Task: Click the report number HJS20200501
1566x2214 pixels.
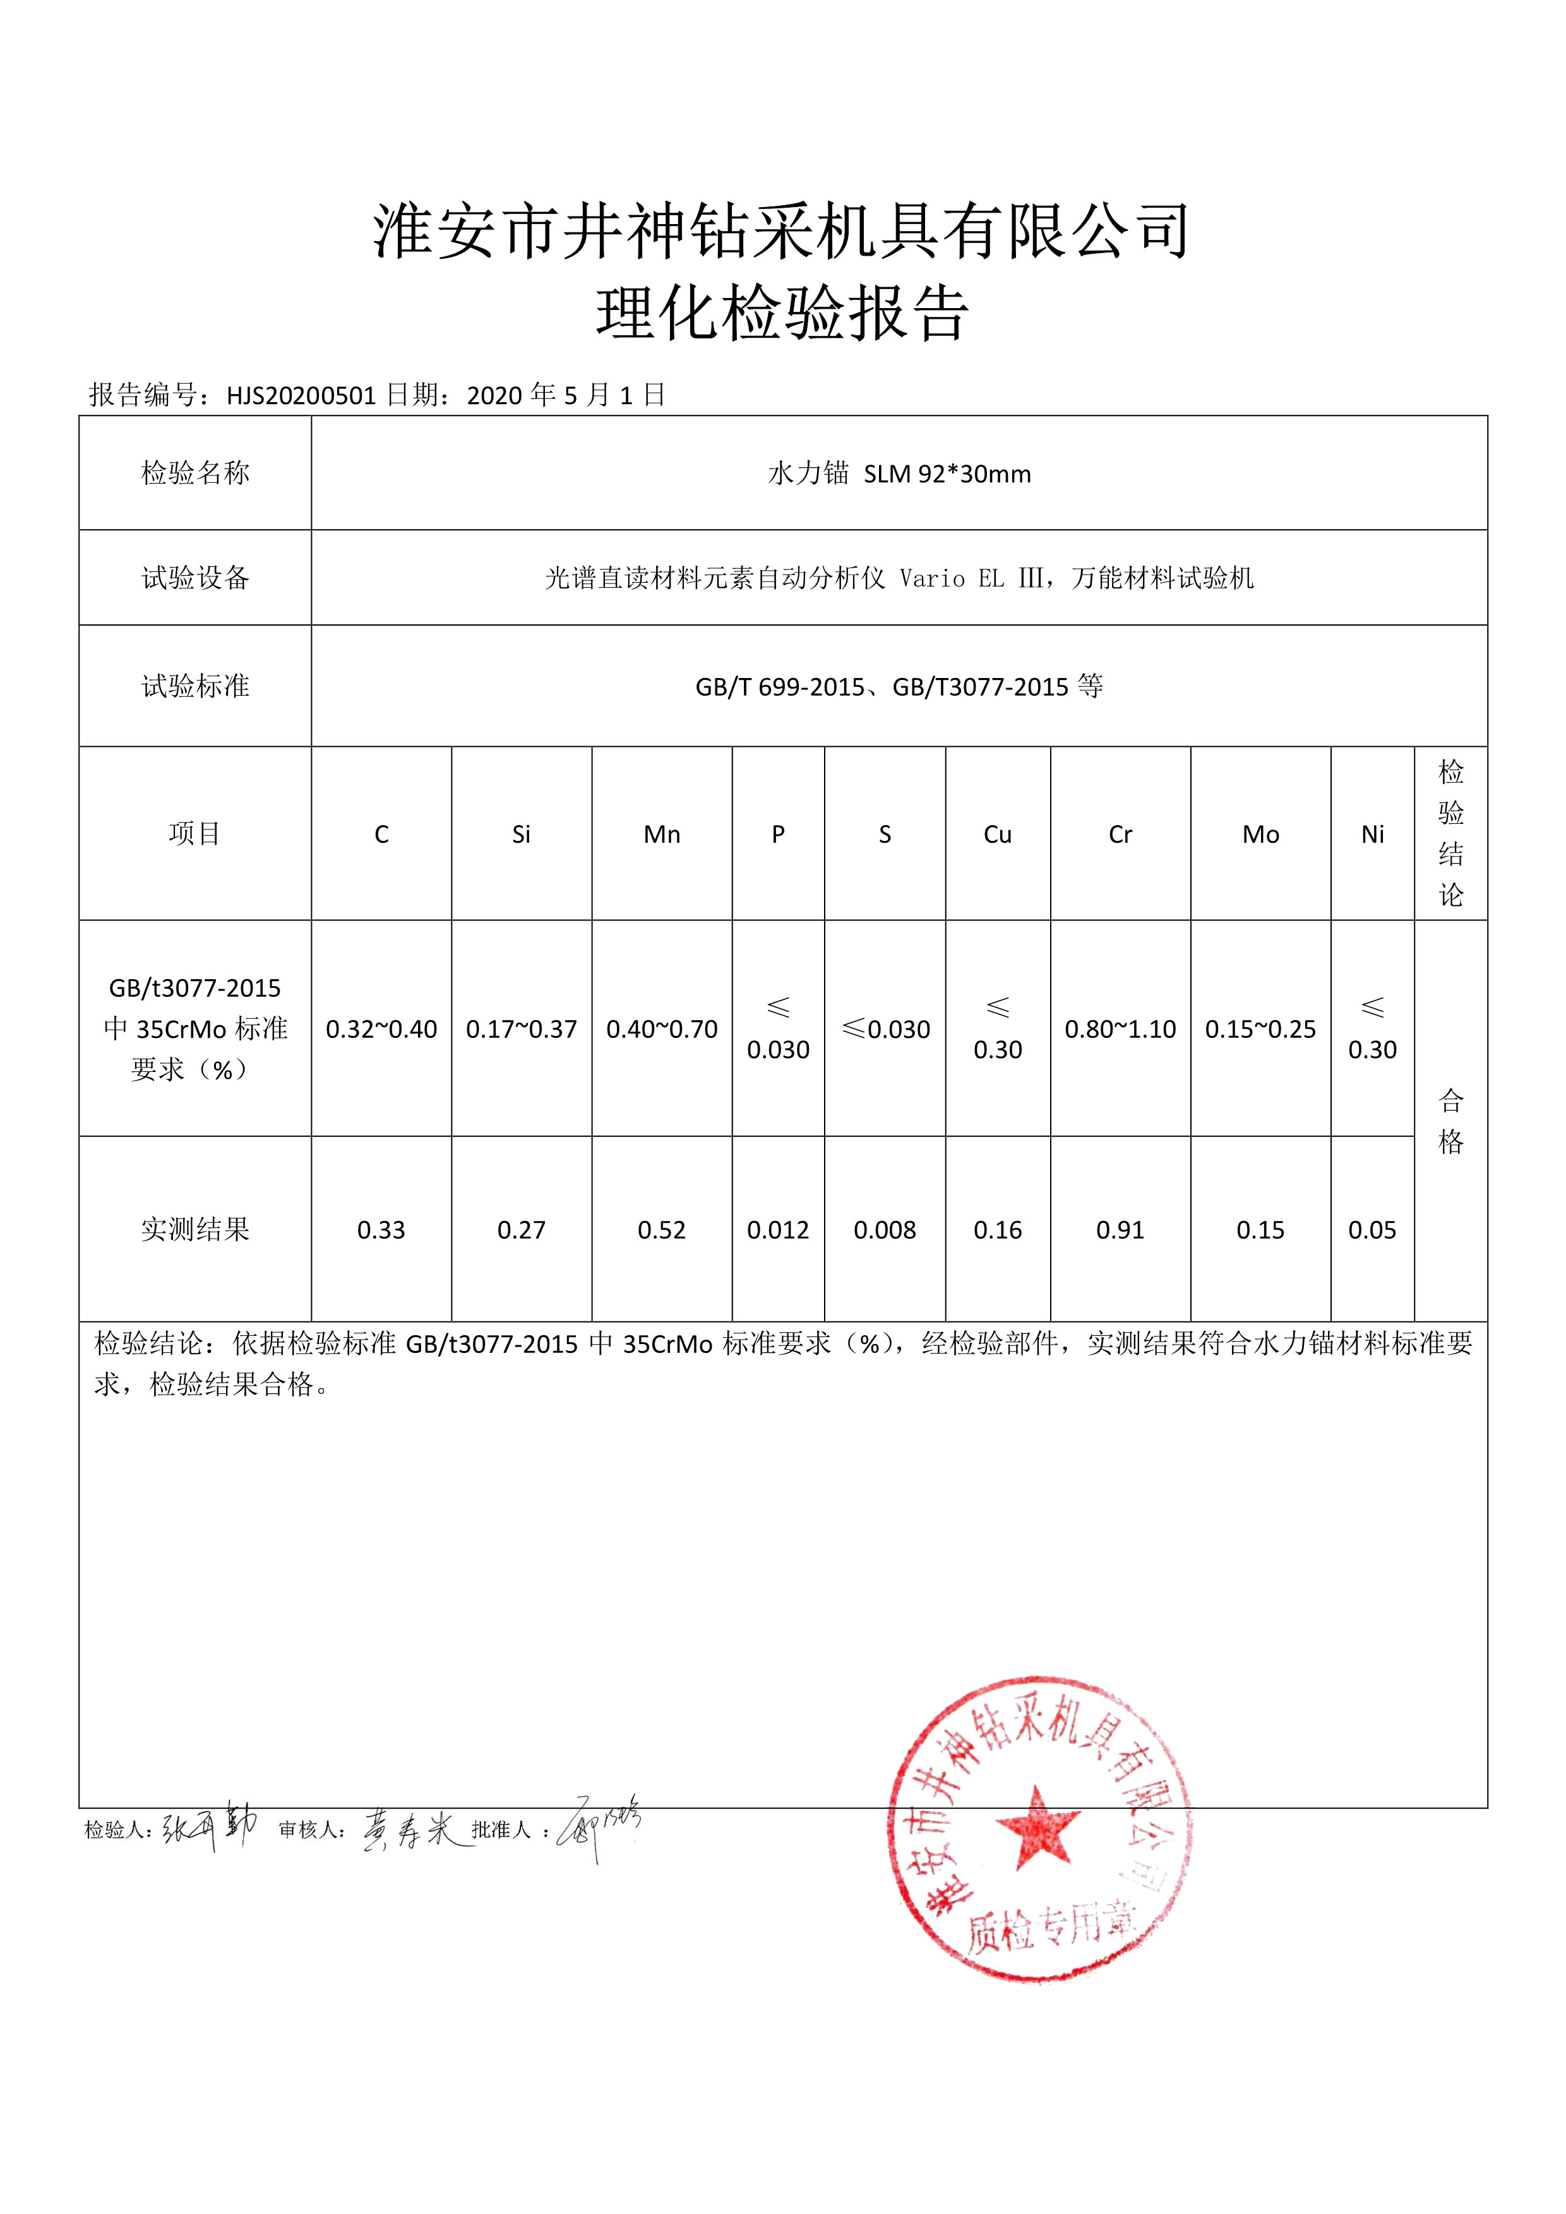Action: click(x=301, y=395)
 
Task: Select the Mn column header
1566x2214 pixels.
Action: click(x=662, y=834)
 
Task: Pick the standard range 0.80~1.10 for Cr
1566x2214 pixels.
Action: click(x=1120, y=1029)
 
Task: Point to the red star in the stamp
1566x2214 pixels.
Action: click(x=1037, y=1825)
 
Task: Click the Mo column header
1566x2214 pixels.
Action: click(x=1260, y=834)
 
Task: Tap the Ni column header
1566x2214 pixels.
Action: click(x=1372, y=834)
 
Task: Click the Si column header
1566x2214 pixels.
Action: click(x=521, y=834)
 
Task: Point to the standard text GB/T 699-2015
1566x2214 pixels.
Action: click(x=779, y=687)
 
